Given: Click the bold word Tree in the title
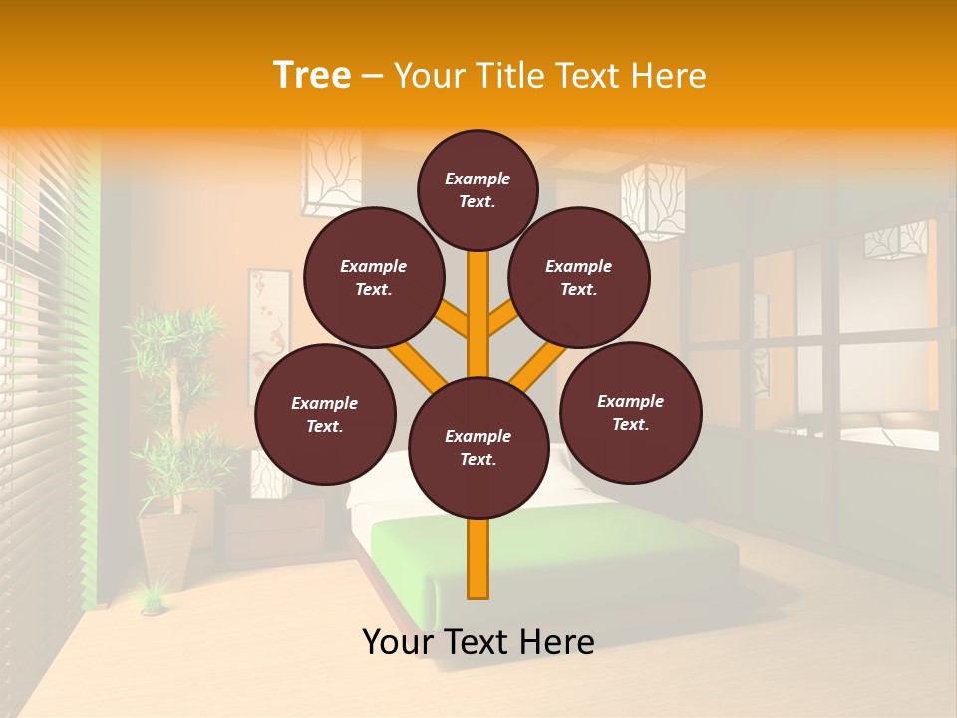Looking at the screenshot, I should (312, 75).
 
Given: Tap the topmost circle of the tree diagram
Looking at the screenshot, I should (478, 189).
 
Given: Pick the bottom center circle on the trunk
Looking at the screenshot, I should (478, 448).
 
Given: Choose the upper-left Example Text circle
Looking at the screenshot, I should (374, 277).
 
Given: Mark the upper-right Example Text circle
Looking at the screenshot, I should (579, 277).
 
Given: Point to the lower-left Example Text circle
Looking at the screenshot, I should (325, 414).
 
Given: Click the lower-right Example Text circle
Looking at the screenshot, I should (630, 412).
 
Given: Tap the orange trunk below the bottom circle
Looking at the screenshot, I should (478, 558).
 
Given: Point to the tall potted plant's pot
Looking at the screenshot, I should (166, 548).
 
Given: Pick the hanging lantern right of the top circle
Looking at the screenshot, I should (653, 199).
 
